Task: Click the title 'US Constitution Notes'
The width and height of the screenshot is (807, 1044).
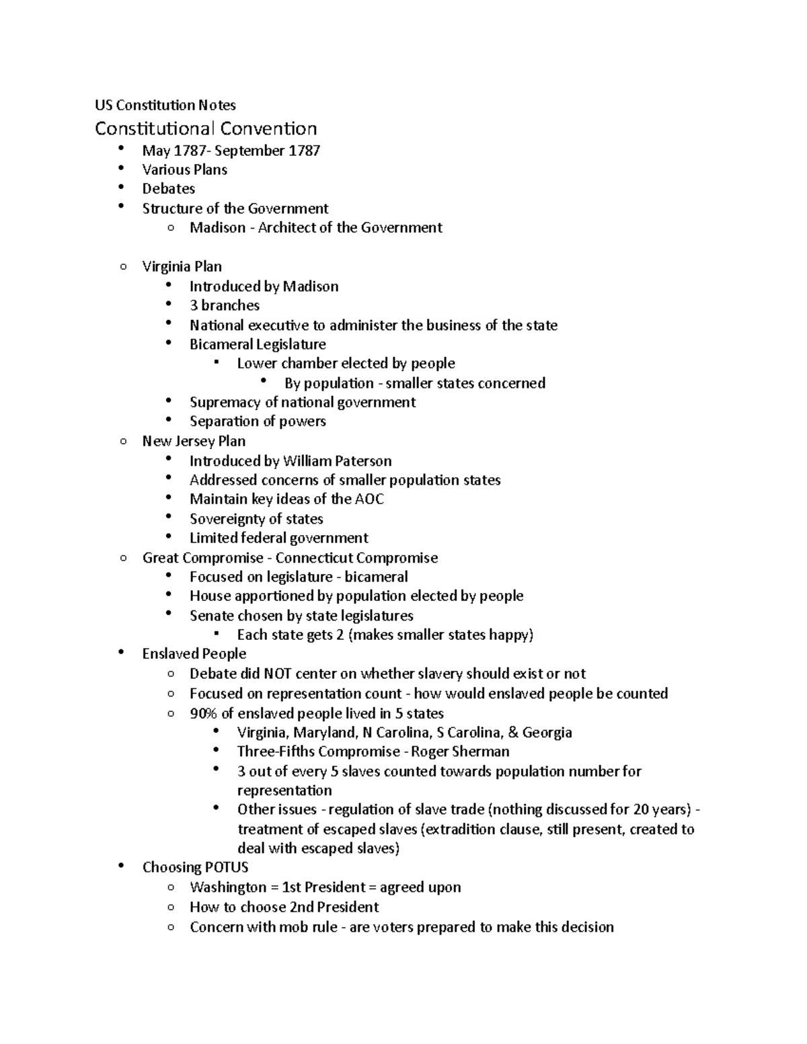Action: click(x=165, y=105)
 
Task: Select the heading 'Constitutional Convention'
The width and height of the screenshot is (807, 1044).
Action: click(x=206, y=128)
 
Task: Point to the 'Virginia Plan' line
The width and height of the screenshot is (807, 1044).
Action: click(x=182, y=267)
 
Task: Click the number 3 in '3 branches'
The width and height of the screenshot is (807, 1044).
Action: click(x=194, y=306)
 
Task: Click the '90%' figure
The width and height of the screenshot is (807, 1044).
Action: click(x=203, y=713)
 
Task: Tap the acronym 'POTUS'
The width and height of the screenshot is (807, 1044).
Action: click(x=228, y=868)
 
